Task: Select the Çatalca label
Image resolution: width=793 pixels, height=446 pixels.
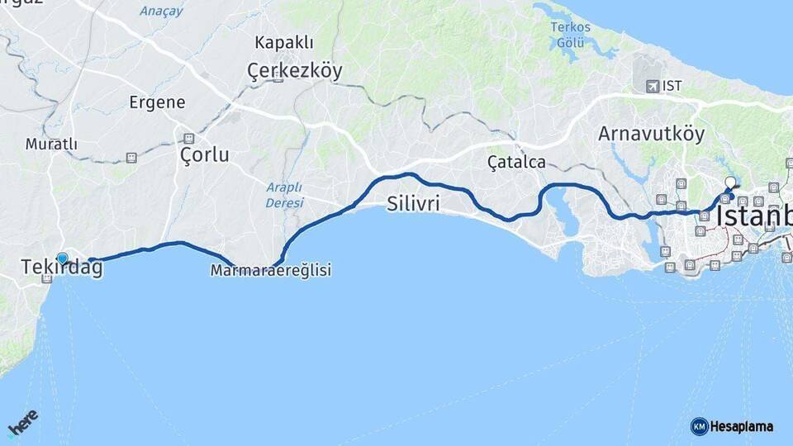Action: point(516,162)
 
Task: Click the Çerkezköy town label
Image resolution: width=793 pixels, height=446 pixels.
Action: point(294,72)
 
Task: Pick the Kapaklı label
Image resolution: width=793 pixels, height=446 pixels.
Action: point(283,42)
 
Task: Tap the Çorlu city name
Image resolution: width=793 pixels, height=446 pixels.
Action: point(204,154)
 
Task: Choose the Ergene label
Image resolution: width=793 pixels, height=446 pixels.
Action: point(157,102)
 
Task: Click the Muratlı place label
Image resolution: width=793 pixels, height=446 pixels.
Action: point(51,144)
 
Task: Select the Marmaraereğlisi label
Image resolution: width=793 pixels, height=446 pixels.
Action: point(271,270)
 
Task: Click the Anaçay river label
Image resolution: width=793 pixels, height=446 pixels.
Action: point(162,11)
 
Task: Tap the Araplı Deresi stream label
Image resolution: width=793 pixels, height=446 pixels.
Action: point(284,194)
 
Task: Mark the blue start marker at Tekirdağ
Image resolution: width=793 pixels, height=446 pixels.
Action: point(62,259)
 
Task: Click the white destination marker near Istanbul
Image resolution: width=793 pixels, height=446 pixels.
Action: point(729,183)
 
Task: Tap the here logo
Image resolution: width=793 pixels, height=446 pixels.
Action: point(23,423)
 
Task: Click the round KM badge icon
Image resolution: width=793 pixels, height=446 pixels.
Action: point(699,426)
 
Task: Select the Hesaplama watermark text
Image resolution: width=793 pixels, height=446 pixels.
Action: point(742,426)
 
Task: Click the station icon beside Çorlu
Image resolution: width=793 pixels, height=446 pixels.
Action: point(189,138)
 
